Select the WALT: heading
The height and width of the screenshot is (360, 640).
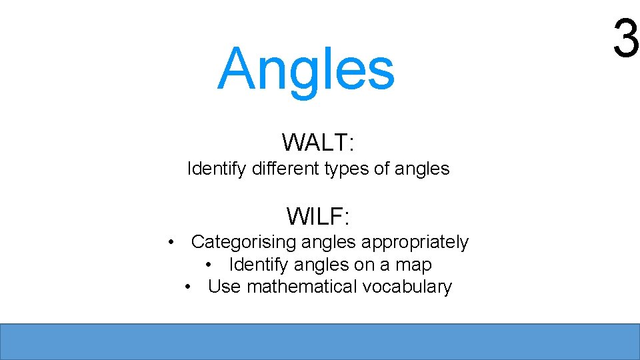(x=318, y=142)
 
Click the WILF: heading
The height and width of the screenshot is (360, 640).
(x=318, y=216)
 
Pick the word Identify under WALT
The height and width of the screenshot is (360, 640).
(x=217, y=169)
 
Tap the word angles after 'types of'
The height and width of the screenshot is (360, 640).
(x=422, y=169)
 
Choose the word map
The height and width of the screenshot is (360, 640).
(x=413, y=265)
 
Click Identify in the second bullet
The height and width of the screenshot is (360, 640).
(x=259, y=265)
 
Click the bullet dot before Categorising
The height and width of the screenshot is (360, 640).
(x=172, y=242)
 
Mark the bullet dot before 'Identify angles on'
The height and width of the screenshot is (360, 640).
(x=210, y=265)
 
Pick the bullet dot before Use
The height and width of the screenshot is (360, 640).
(x=189, y=287)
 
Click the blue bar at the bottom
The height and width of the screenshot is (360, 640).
(x=320, y=341)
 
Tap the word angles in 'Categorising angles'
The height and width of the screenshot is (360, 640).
(x=320, y=243)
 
